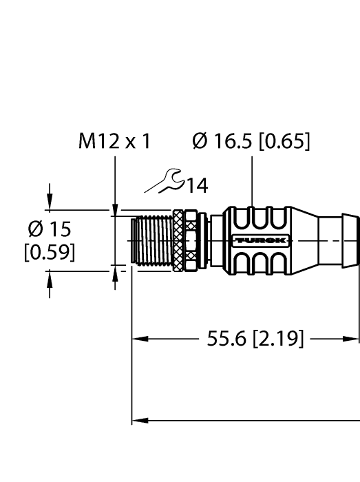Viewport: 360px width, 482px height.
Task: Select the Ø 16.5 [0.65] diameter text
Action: [253, 142]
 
